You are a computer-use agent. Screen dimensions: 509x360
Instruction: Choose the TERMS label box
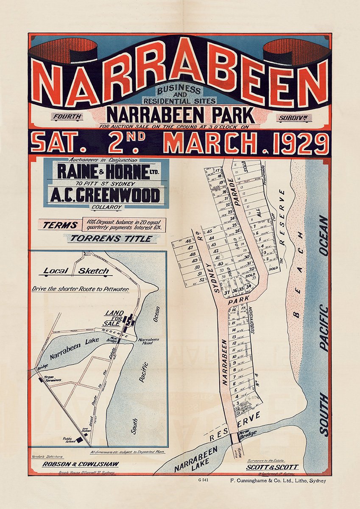coord(59,225)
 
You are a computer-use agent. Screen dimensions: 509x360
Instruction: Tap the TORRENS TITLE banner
coord(111,238)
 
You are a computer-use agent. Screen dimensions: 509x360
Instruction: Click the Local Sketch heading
coord(76,271)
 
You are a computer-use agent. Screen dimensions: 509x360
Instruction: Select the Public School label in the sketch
coord(70,440)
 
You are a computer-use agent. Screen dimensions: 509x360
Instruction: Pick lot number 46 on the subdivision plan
coord(189,241)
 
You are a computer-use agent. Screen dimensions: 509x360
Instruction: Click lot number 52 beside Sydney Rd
coord(201,280)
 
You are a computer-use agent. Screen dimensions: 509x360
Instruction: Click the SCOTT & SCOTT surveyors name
coord(273,467)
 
